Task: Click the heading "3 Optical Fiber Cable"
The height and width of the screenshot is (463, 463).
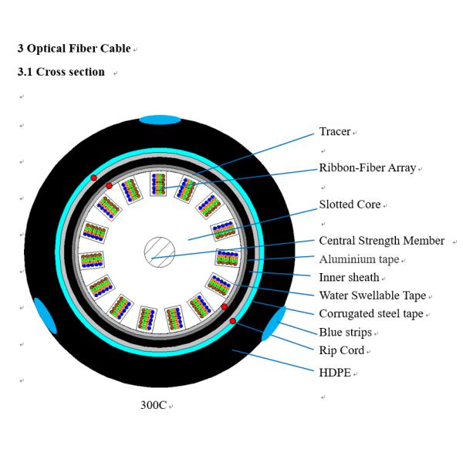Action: coord(74,49)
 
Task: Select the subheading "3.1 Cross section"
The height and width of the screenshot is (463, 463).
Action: coord(61,72)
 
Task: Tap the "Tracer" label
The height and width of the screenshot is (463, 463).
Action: coord(335,132)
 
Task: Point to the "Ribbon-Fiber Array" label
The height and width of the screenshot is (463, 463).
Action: coord(367,167)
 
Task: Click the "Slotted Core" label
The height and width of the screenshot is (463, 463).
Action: coord(350,204)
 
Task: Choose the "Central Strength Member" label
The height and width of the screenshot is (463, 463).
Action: coord(381,241)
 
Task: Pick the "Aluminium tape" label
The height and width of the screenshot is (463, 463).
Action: coord(359,259)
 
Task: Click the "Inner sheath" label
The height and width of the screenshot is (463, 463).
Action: coord(349,277)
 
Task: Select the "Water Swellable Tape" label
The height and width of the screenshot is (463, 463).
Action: coord(372,295)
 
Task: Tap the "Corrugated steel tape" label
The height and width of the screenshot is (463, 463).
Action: coord(371,313)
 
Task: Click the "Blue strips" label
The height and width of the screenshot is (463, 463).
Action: coord(345,332)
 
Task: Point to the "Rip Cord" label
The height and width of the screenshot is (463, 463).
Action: coord(340,350)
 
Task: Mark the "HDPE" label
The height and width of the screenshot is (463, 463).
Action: coord(335,373)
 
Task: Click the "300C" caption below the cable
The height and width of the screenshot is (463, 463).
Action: coord(152,404)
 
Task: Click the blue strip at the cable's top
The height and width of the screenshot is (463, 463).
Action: coord(160,120)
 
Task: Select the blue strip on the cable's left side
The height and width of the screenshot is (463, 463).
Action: coord(45,316)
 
